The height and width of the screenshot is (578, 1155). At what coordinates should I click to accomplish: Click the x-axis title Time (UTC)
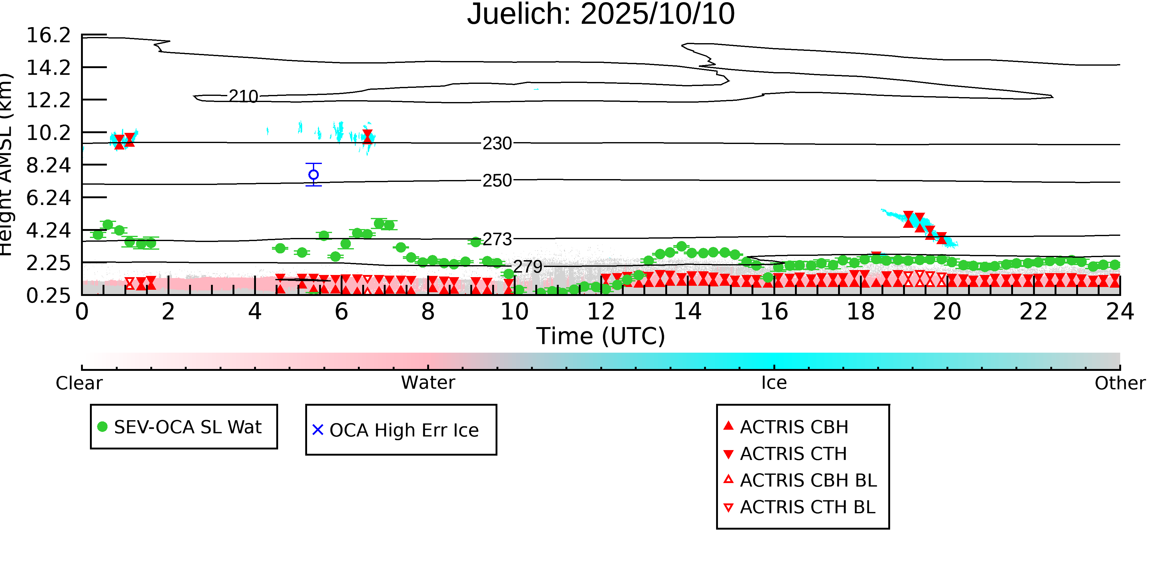[601, 336]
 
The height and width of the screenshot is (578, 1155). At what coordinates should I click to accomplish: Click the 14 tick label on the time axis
[687, 311]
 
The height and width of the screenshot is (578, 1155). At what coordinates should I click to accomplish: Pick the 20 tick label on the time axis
[947, 311]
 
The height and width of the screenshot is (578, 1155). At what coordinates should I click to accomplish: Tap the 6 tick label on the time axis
[341, 311]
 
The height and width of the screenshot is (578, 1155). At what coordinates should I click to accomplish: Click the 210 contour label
[243, 96]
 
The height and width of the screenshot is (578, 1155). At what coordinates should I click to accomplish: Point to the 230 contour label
[497, 144]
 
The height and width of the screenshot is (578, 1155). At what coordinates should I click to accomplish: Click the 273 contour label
[497, 240]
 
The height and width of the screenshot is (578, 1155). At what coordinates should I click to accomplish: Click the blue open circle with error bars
[314, 174]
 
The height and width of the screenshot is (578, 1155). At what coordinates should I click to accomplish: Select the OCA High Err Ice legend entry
[396, 430]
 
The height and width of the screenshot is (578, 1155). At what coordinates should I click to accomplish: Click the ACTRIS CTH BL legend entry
[800, 507]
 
